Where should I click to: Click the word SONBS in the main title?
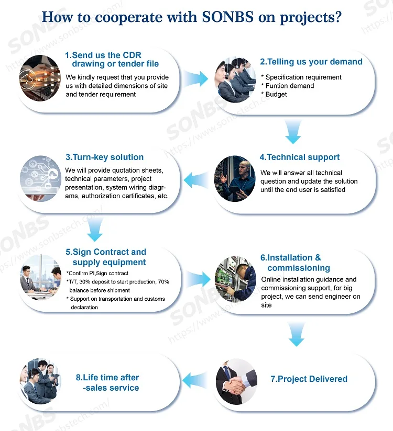point(227,17)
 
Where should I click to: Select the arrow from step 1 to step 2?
point(196,79)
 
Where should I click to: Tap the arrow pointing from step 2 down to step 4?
point(293,132)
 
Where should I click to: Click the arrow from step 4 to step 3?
point(196,180)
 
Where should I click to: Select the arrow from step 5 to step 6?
point(198,279)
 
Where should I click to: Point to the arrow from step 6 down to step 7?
point(297,334)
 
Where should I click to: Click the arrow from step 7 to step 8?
point(195,380)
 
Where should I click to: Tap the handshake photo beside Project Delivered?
point(236,381)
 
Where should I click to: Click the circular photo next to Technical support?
point(235,179)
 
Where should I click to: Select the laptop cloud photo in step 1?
point(40,78)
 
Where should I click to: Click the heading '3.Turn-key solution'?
point(104,157)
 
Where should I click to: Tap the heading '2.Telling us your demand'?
point(311,62)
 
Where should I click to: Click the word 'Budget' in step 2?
point(276,94)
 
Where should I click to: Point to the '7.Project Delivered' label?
point(309,379)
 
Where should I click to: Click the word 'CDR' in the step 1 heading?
point(132,55)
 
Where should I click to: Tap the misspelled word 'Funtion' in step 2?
point(276,86)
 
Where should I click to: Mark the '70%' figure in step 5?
point(163,282)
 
